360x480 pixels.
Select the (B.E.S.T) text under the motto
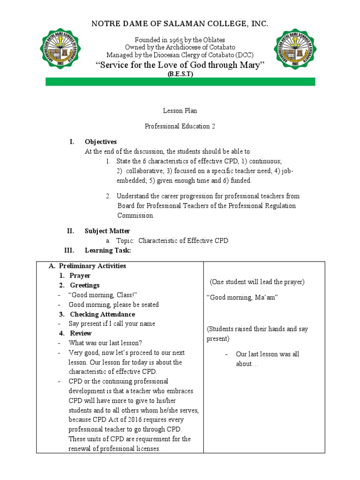tap(180, 74)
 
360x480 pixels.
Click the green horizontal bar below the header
tap(180, 82)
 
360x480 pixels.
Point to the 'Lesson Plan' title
tap(180, 111)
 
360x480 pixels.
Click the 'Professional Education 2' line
tap(180, 127)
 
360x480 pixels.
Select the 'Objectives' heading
tap(101, 142)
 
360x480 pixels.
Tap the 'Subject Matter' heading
tap(107, 231)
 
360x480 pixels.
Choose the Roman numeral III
tap(69, 250)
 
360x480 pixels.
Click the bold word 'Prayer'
tap(80, 276)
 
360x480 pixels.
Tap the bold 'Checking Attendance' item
tap(102, 314)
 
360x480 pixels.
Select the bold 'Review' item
tap(81, 333)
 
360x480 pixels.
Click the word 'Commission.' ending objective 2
tap(135, 216)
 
